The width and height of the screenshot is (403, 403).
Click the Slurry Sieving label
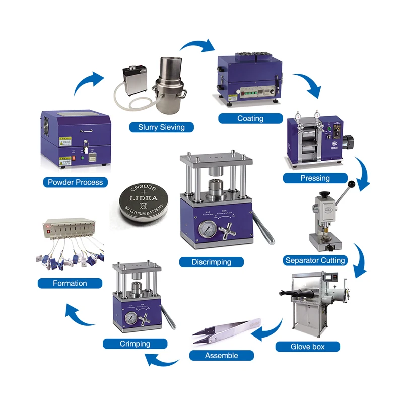[x=161, y=127]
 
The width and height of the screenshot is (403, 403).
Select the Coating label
[x=250, y=118]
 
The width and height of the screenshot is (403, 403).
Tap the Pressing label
[x=315, y=178]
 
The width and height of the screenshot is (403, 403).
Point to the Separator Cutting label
[x=315, y=260]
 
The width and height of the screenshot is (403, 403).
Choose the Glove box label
[x=307, y=347]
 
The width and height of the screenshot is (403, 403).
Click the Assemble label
[x=221, y=356]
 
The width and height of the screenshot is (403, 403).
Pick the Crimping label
[x=135, y=344]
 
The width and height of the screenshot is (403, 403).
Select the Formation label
[x=70, y=283]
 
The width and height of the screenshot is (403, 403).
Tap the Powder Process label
[x=75, y=182]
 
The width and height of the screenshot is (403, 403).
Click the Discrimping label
[x=211, y=262]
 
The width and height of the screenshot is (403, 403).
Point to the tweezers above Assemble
[x=227, y=330]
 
